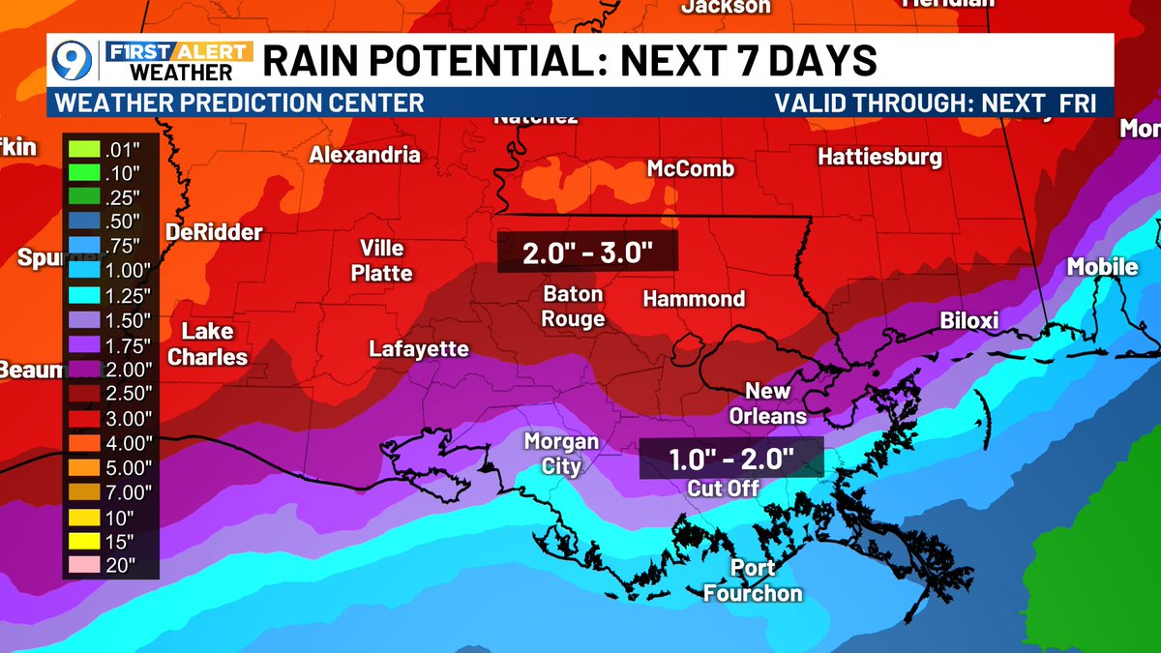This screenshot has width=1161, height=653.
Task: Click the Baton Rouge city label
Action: (x=573, y=306)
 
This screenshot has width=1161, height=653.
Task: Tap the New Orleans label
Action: (x=775, y=403)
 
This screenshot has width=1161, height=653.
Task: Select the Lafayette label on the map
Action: (x=419, y=349)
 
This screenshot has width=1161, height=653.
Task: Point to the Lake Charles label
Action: (x=207, y=344)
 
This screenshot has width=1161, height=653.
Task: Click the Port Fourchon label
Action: (x=753, y=580)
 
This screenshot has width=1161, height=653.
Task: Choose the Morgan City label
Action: (x=560, y=454)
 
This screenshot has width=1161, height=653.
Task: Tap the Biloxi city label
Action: (x=968, y=321)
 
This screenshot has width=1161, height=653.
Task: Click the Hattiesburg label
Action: (x=879, y=157)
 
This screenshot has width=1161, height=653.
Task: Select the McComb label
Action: (x=690, y=169)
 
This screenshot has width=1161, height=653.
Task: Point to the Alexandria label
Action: (x=365, y=155)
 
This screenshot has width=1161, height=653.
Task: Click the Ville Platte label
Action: (x=381, y=259)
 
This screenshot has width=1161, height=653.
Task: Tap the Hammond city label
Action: (x=694, y=299)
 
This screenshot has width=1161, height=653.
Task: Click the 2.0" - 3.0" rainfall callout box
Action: (x=587, y=253)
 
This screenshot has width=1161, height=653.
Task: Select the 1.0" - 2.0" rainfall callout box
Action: (x=731, y=457)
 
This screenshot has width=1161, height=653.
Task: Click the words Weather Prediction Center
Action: (x=240, y=103)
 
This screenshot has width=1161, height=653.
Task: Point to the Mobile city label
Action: (x=1102, y=266)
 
